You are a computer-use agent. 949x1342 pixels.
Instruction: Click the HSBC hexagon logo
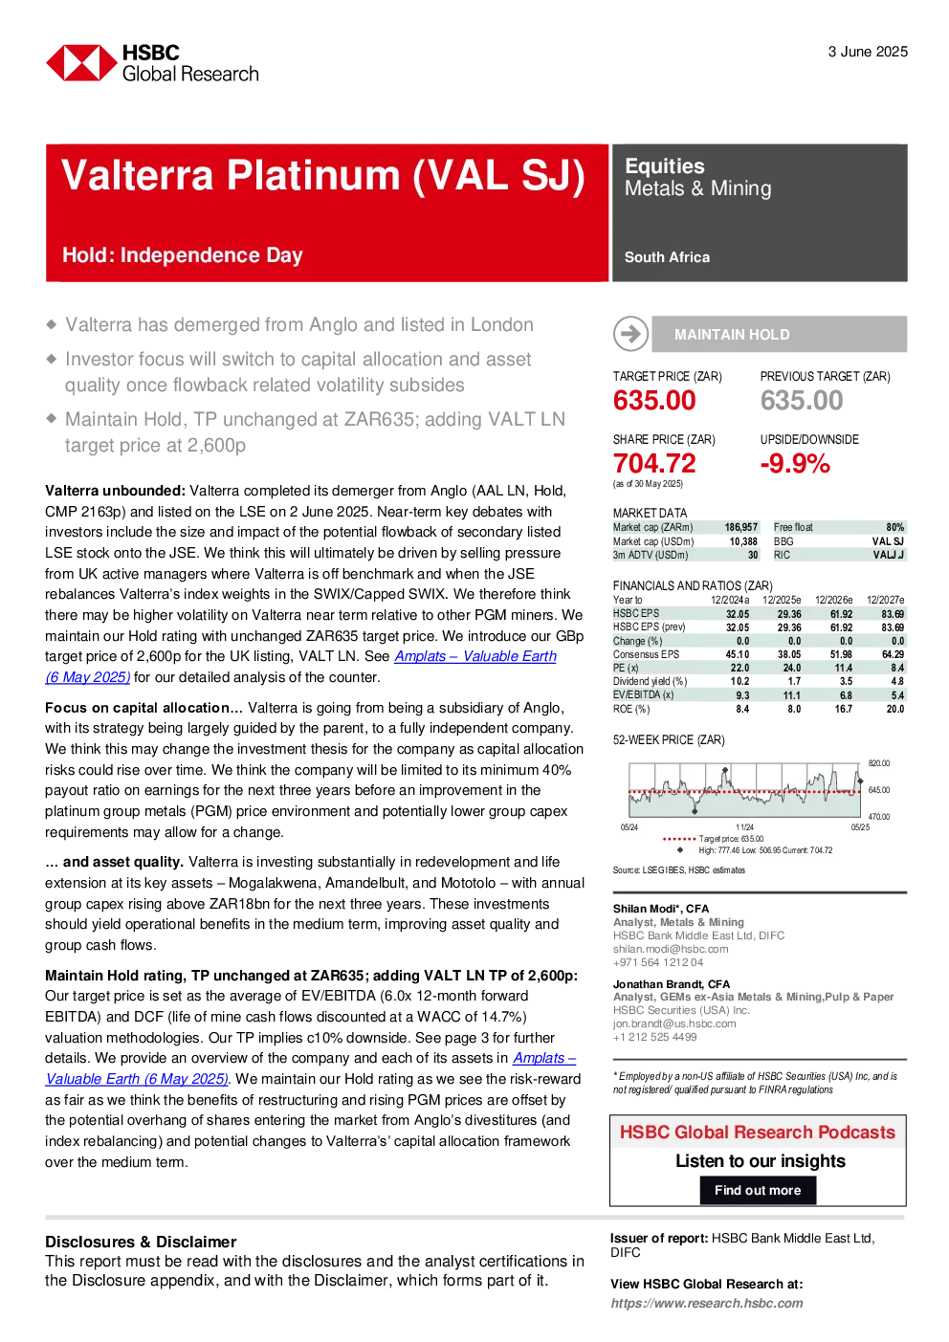click(81, 63)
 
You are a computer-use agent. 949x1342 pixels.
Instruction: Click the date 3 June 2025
click(868, 52)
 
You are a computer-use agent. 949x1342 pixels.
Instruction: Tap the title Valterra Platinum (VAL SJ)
click(323, 176)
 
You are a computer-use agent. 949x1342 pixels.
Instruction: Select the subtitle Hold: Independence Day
click(182, 255)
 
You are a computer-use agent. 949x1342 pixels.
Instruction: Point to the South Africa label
click(667, 257)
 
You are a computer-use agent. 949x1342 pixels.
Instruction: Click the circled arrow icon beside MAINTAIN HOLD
click(630, 334)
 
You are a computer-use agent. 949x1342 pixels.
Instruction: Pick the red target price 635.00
click(654, 400)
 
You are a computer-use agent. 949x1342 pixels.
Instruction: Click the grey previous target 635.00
click(802, 400)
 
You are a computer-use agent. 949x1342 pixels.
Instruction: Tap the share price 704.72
click(654, 463)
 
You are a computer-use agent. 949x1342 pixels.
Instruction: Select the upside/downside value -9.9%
click(795, 463)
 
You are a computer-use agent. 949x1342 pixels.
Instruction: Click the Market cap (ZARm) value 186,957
click(741, 527)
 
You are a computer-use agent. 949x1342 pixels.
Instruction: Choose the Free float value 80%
click(895, 527)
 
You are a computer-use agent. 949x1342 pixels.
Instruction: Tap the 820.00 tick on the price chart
click(879, 763)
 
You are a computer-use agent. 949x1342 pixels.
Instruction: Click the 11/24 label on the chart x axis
click(744, 827)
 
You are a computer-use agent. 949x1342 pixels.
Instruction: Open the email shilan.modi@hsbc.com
click(671, 949)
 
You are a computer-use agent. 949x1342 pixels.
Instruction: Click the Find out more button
click(758, 1190)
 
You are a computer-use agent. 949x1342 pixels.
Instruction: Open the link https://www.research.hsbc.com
click(707, 1303)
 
